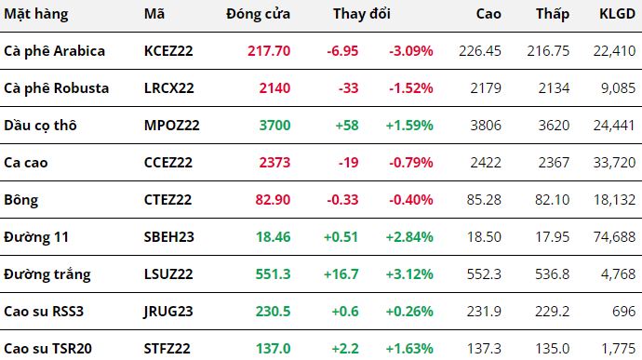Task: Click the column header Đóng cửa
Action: [x=258, y=14]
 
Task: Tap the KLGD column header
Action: [x=618, y=14]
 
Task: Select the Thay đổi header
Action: [x=362, y=14]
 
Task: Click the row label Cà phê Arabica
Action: [x=55, y=51]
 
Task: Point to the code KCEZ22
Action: [x=168, y=51]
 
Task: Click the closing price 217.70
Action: [x=269, y=51]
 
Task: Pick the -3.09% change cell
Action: [x=411, y=51]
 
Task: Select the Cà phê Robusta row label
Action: [x=57, y=88]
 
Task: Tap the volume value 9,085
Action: [x=618, y=88]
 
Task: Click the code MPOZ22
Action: [x=172, y=126]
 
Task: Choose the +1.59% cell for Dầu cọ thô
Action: [x=409, y=126]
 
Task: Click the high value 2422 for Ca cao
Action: [x=486, y=163]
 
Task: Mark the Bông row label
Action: [x=20, y=200]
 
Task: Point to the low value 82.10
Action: [x=552, y=200]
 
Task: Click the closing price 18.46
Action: [x=274, y=237]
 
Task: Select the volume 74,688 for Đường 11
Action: [x=615, y=237]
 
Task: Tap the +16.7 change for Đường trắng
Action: [x=341, y=274]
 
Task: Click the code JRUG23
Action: [x=168, y=312]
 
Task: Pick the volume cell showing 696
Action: [x=624, y=312]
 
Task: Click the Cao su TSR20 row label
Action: [x=47, y=349]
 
